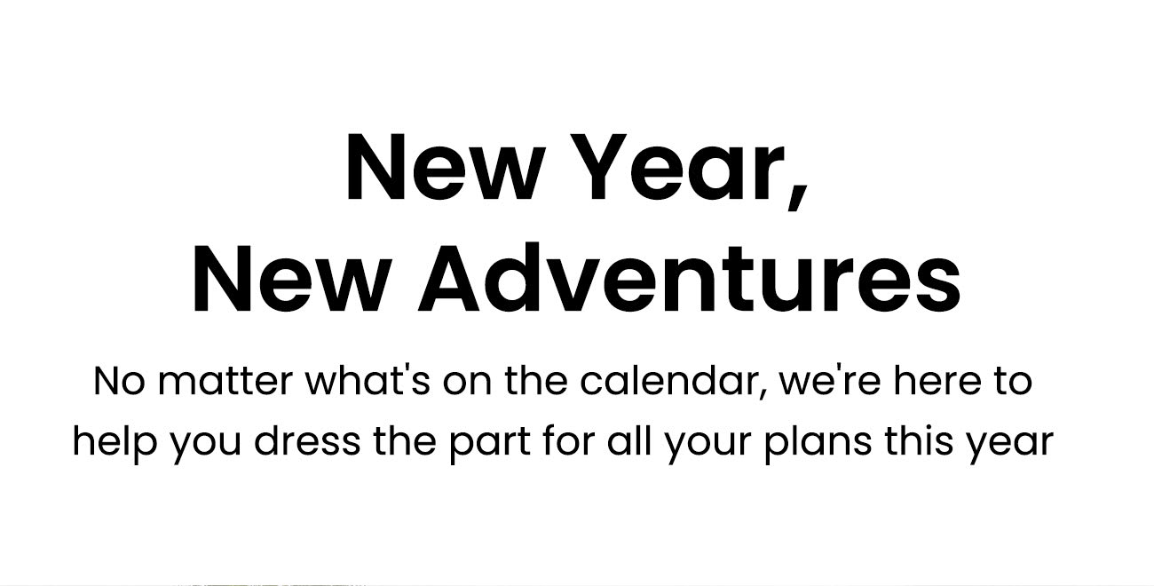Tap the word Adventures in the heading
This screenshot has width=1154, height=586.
(x=690, y=278)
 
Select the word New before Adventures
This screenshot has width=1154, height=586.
(x=291, y=279)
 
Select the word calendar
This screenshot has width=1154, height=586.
(x=675, y=382)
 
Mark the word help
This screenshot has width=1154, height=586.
(x=115, y=442)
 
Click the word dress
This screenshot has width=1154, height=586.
(x=307, y=441)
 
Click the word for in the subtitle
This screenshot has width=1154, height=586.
(x=569, y=441)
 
